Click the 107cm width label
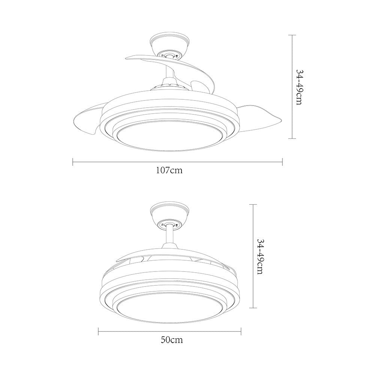pyautogui.click(x=169, y=170)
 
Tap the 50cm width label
pyautogui.click(x=172, y=340)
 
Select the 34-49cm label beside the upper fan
pyautogui.click(x=300, y=87)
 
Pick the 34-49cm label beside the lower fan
pyautogui.click(x=261, y=256)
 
